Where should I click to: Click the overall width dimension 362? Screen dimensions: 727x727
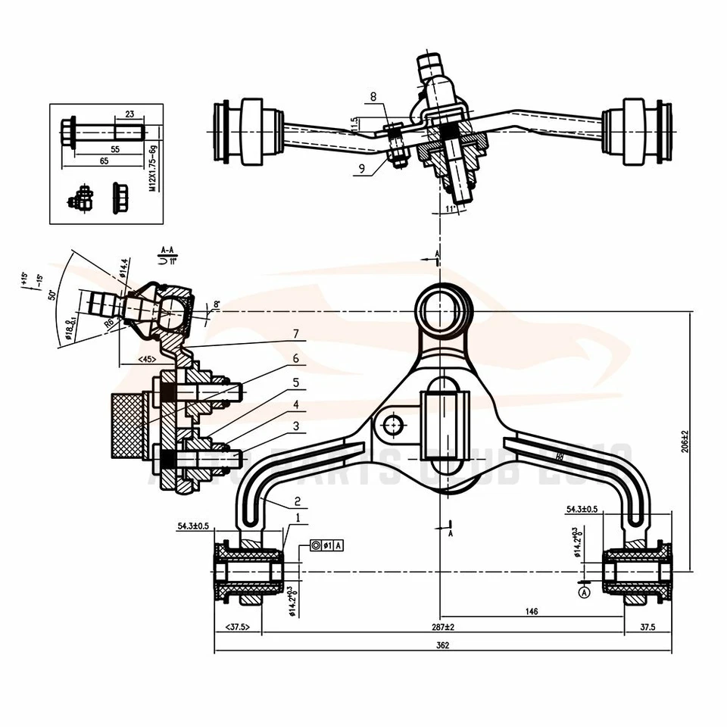pos(443,645)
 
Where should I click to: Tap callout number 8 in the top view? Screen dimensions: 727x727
pos(373,97)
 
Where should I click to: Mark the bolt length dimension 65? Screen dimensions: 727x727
pos(104,161)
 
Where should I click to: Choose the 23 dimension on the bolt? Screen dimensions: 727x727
pos(129,114)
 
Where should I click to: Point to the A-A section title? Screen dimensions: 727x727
pos(167,248)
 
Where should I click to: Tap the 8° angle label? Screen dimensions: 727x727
pos(217,304)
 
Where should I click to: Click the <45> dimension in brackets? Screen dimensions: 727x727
pos(145,358)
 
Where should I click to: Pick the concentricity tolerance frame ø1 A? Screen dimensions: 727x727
pos(326,545)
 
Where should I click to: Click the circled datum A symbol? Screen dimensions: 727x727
pos(583,593)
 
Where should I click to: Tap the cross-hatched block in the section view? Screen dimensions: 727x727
pos(127,426)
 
